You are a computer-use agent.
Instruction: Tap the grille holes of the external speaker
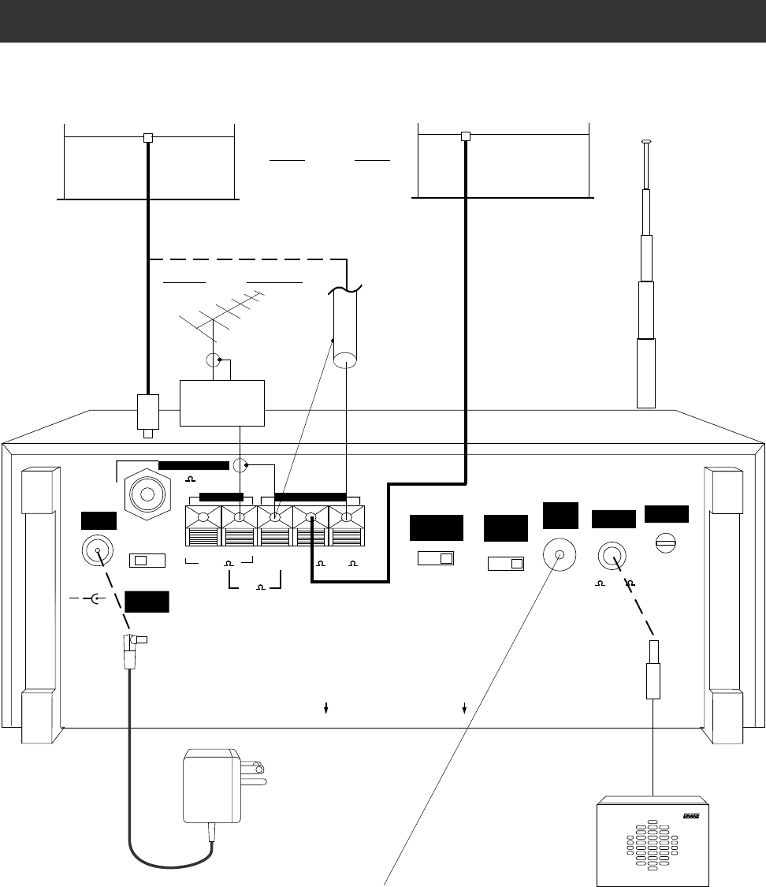point(652,848)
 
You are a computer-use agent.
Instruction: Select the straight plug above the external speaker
point(653,677)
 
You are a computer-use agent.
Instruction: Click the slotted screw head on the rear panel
point(666,542)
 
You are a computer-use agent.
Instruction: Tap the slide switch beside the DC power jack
point(147,561)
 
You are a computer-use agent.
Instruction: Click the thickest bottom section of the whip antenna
point(646,372)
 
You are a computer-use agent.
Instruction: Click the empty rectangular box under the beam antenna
point(222,403)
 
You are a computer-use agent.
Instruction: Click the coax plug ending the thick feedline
point(148,414)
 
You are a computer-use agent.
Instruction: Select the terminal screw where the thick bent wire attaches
point(312,518)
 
